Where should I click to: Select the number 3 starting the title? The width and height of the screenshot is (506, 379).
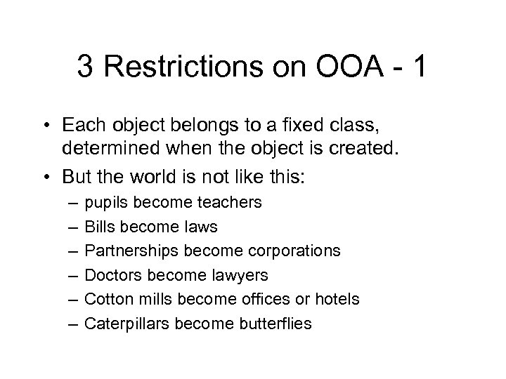[x=86, y=67]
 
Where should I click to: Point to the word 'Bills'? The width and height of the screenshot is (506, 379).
[x=98, y=227]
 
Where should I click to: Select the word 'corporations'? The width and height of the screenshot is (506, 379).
[x=292, y=251]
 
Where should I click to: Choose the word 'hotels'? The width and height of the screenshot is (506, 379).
[x=336, y=299]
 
